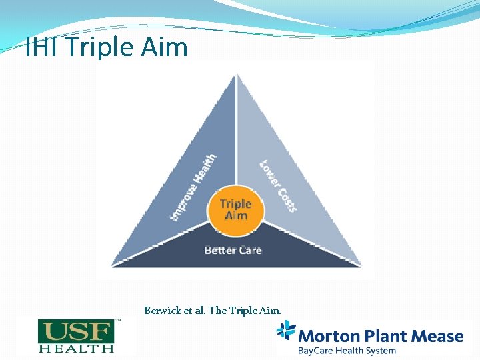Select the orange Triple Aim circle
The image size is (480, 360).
[236, 209]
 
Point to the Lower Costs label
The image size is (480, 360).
[277, 186]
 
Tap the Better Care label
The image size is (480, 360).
[233, 250]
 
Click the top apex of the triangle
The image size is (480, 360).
[237, 75]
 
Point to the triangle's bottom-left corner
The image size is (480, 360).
[111, 265]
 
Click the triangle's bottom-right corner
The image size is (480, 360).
[361, 265]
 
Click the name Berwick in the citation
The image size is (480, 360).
[162, 310]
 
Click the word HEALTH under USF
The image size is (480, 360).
[75, 347]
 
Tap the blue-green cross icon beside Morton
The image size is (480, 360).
[286, 331]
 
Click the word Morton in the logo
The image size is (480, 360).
[325, 335]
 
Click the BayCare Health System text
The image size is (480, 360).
[347, 350]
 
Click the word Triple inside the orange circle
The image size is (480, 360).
[236, 204]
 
